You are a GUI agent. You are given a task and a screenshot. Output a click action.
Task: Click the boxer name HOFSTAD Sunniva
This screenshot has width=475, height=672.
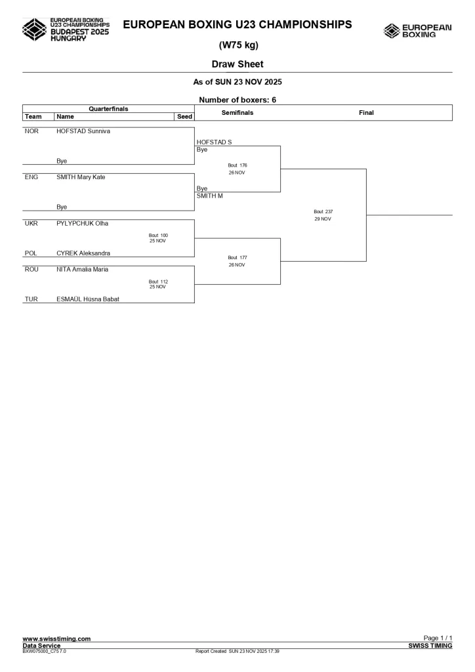83,131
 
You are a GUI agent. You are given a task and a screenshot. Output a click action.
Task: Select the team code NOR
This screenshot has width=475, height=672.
31,131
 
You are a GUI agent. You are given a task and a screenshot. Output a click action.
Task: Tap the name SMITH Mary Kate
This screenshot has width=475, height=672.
81,177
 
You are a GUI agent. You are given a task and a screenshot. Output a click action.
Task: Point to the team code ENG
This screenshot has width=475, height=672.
31,177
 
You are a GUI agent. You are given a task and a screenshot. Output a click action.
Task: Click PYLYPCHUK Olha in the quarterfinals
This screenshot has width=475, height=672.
82,223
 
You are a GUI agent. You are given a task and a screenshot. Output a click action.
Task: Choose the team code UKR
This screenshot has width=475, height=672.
31,223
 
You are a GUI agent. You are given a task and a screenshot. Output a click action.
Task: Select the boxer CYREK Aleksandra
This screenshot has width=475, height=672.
83,253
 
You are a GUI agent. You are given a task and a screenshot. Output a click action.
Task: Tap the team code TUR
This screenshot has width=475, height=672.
31,299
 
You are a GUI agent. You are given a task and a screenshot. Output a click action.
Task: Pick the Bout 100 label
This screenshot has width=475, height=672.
158,235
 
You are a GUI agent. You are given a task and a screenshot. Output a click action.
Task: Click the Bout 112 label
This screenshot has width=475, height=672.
158,282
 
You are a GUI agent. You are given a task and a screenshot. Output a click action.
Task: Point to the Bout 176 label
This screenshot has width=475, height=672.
237,165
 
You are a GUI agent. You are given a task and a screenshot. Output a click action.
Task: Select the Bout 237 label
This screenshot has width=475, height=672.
323,211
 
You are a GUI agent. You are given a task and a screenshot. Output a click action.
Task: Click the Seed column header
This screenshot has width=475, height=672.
184,117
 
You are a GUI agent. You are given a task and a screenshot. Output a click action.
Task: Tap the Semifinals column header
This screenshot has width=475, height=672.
237,113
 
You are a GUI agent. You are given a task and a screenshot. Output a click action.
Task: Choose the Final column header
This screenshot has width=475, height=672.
366,113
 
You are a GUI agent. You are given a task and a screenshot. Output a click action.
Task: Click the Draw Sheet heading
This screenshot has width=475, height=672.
237,64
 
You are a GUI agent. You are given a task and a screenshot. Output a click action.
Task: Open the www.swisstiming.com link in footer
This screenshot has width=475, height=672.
56,639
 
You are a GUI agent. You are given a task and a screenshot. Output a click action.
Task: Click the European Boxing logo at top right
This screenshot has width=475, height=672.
418,30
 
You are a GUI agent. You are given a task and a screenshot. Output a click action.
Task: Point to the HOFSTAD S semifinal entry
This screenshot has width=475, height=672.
215,142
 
